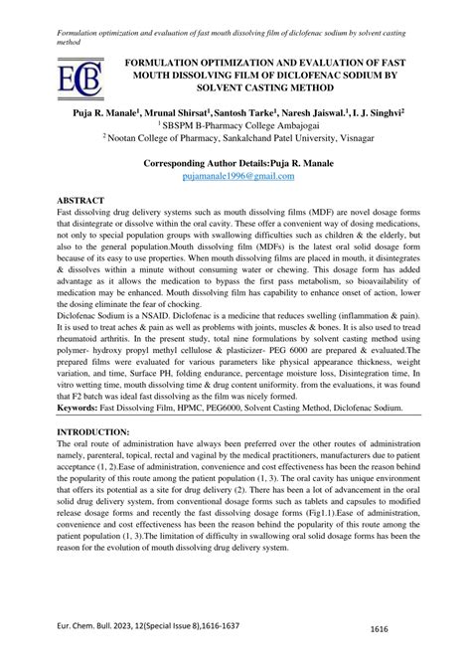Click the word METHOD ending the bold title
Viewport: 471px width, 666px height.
coord(328,87)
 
